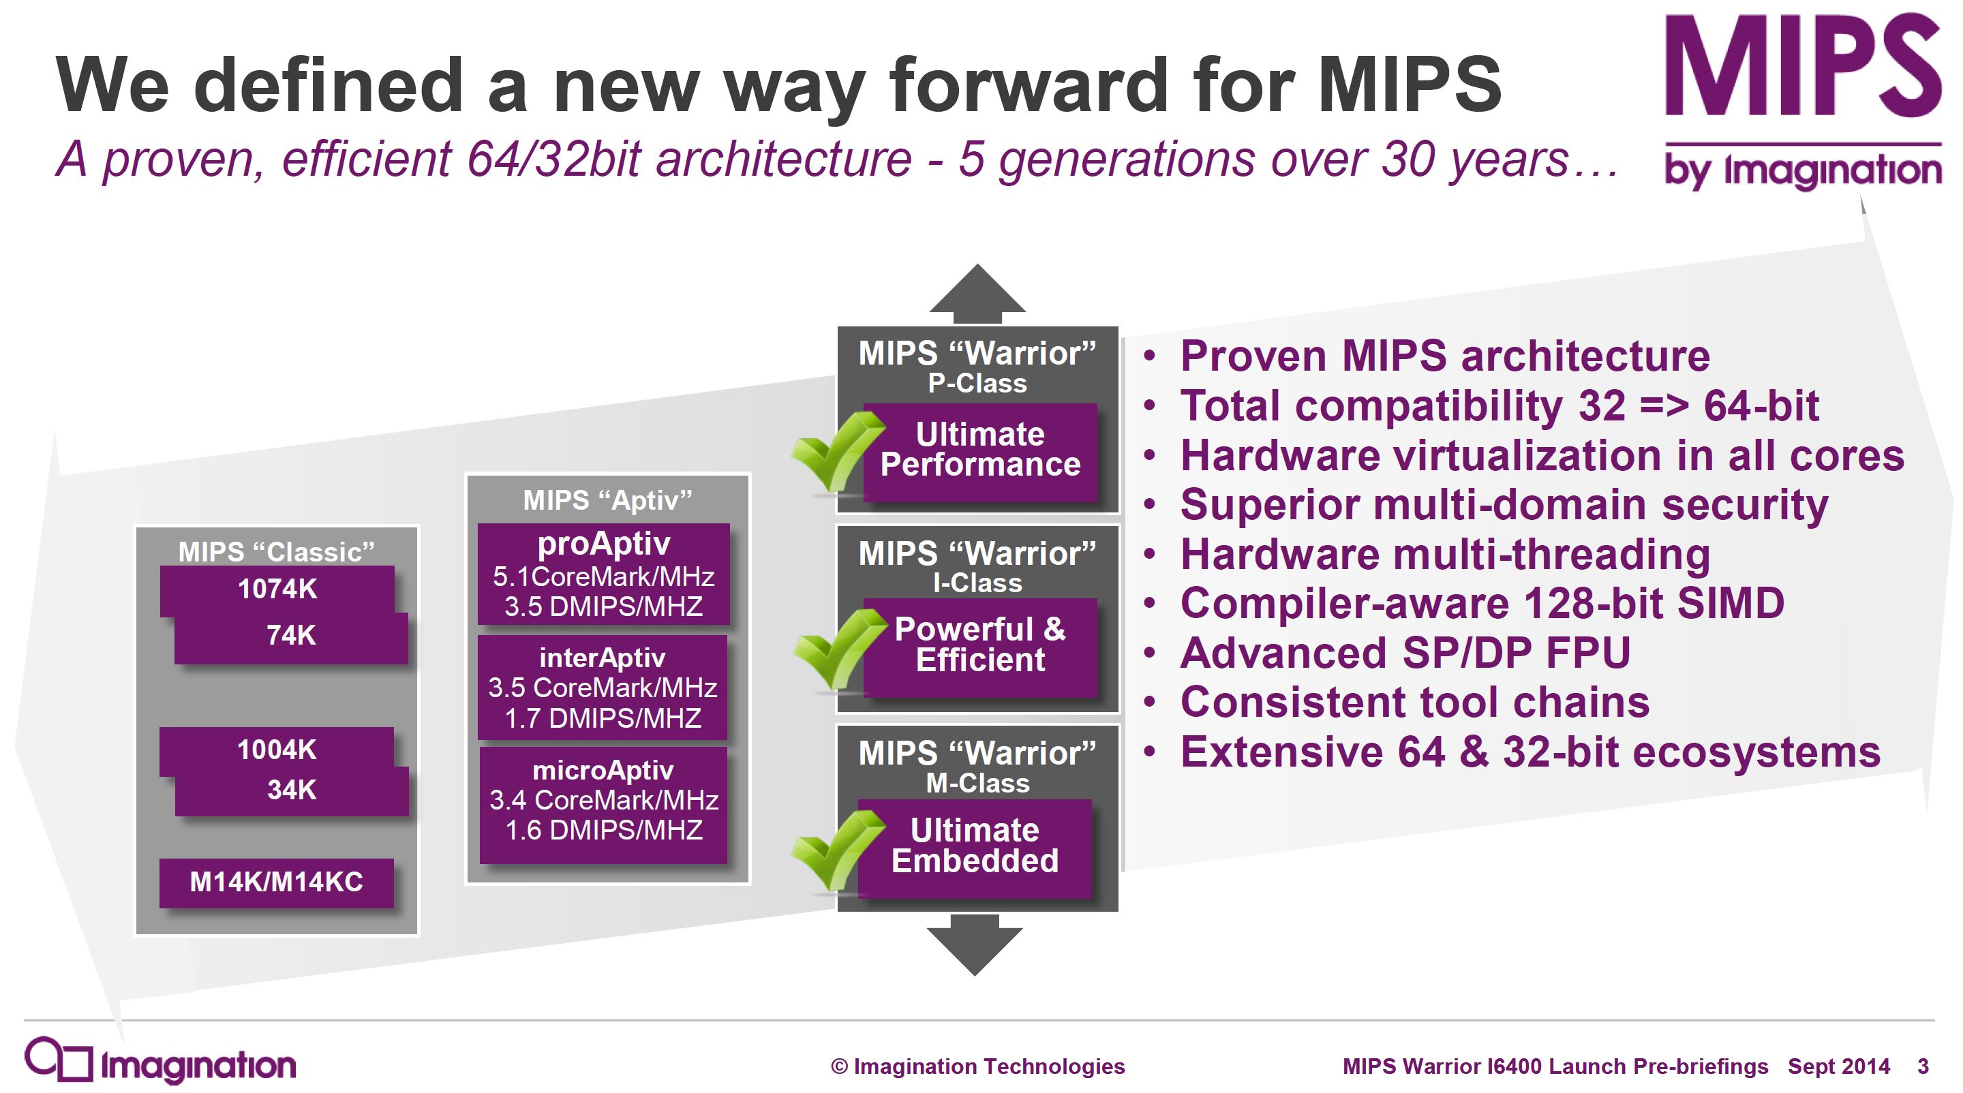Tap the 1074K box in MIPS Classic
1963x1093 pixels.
click(x=277, y=589)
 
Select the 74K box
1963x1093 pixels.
click(x=291, y=636)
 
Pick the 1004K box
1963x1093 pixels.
click(x=277, y=750)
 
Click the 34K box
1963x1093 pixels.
click(x=292, y=790)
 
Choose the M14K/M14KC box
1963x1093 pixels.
click(x=277, y=882)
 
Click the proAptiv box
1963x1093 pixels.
click(x=603, y=574)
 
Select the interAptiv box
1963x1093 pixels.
click(x=603, y=688)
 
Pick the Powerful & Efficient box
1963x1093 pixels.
click(x=980, y=647)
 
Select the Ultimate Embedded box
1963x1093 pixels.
click(x=975, y=848)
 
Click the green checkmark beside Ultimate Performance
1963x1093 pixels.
click(x=837, y=451)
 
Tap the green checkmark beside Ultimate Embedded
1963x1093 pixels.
click(x=837, y=850)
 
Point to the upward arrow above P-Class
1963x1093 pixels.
click(x=977, y=294)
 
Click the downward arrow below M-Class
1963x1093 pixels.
click(x=975, y=945)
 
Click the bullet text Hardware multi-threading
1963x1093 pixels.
click(x=1445, y=555)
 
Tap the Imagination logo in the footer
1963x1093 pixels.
click(x=160, y=1060)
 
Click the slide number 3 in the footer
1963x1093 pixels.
click(x=1923, y=1066)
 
